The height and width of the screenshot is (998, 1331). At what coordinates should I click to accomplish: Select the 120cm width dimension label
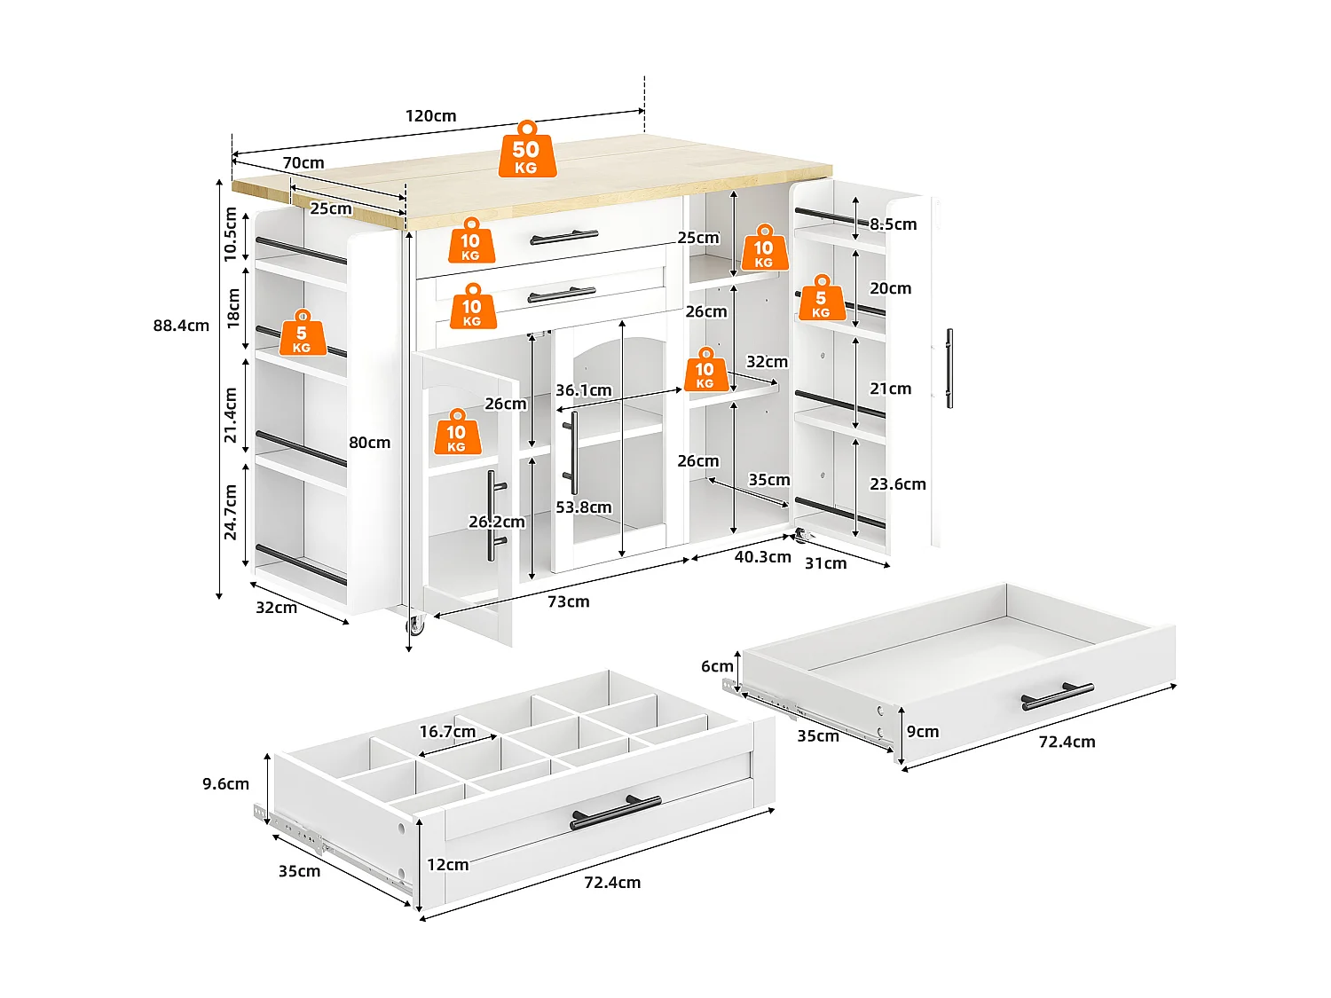click(430, 116)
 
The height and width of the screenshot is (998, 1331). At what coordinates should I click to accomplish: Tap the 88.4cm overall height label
click(181, 326)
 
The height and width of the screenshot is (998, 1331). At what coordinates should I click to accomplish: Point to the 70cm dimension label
click(303, 163)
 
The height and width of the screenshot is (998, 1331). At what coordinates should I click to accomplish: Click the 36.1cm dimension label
click(583, 390)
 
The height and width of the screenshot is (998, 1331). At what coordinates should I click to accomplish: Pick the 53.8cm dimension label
click(583, 507)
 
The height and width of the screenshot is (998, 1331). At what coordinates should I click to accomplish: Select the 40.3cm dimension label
click(762, 557)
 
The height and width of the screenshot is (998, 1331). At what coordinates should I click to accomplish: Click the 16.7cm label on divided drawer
click(447, 732)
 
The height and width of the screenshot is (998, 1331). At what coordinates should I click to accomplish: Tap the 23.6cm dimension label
click(897, 484)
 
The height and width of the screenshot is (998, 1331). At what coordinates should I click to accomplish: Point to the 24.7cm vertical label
click(231, 513)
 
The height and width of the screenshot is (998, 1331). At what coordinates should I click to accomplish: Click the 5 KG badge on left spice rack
click(302, 334)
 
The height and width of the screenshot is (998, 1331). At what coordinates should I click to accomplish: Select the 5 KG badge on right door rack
click(821, 299)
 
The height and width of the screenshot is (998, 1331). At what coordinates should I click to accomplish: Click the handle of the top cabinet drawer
click(563, 237)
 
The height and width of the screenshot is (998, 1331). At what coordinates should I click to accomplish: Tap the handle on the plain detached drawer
click(1057, 696)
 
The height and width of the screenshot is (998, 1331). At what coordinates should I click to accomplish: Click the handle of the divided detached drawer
click(615, 812)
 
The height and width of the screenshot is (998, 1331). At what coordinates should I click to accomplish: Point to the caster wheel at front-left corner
click(415, 625)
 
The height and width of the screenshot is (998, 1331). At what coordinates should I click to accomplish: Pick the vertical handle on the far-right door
click(949, 368)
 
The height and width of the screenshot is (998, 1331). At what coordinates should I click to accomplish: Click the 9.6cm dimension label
click(225, 784)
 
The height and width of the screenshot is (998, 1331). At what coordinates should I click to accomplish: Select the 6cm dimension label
click(717, 666)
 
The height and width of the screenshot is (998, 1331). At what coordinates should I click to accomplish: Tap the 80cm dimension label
click(369, 443)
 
